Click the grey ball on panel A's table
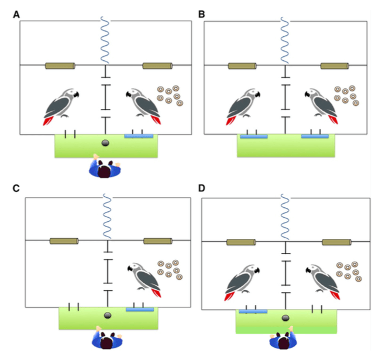[x=106, y=143]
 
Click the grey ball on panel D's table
[x=285, y=318]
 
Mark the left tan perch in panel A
[x=60, y=66]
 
